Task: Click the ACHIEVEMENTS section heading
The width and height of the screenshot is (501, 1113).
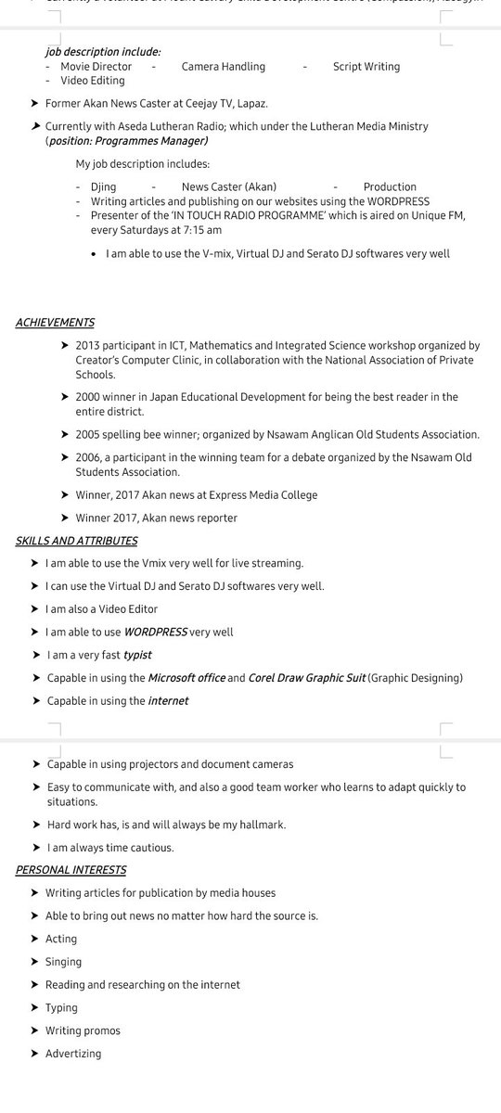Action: click(x=55, y=323)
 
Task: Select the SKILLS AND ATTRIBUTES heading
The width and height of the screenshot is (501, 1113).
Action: click(x=76, y=541)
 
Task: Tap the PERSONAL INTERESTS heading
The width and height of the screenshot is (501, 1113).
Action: click(x=71, y=870)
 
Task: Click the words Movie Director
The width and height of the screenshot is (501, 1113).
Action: click(x=96, y=67)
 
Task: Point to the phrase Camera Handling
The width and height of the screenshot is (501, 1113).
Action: click(x=224, y=67)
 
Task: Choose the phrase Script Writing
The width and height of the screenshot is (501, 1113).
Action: click(x=366, y=67)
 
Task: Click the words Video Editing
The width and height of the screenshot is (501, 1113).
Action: click(x=93, y=81)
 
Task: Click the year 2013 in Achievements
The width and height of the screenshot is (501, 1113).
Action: click(x=87, y=345)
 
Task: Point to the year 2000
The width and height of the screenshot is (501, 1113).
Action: click(x=87, y=397)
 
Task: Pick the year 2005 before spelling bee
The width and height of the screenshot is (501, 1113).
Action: click(x=87, y=434)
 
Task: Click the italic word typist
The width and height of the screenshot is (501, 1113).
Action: click(x=137, y=655)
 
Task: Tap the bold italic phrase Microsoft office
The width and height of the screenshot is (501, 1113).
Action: click(x=186, y=678)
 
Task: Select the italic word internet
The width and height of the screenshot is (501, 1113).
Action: click(x=168, y=701)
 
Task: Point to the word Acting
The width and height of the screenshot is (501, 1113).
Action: click(x=61, y=939)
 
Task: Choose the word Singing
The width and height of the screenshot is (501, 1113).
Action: click(x=63, y=962)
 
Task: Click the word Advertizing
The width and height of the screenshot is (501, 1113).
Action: click(x=73, y=1054)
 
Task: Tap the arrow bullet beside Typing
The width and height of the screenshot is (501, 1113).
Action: click(x=34, y=1007)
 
